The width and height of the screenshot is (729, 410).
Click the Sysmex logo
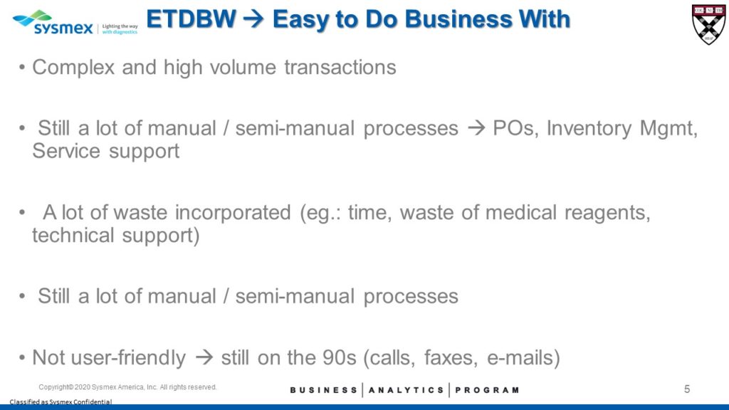coord(75,23)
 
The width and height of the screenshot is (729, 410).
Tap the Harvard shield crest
coord(708,25)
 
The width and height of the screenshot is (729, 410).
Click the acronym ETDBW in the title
coord(191,19)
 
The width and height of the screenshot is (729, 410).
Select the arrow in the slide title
coord(254,19)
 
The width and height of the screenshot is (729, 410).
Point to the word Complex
coord(73,68)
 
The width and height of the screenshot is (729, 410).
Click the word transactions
coord(340,68)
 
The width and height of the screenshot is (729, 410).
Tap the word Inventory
coord(589,128)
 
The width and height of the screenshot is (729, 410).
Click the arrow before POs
coord(476,128)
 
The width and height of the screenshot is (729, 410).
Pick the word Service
coord(66,151)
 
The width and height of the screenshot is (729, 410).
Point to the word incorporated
coord(233,213)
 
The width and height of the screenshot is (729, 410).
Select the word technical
coord(73,235)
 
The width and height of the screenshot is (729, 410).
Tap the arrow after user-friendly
coord(204,357)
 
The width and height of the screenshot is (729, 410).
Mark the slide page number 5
coord(687,389)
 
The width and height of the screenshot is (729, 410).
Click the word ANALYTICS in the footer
coord(407,390)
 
